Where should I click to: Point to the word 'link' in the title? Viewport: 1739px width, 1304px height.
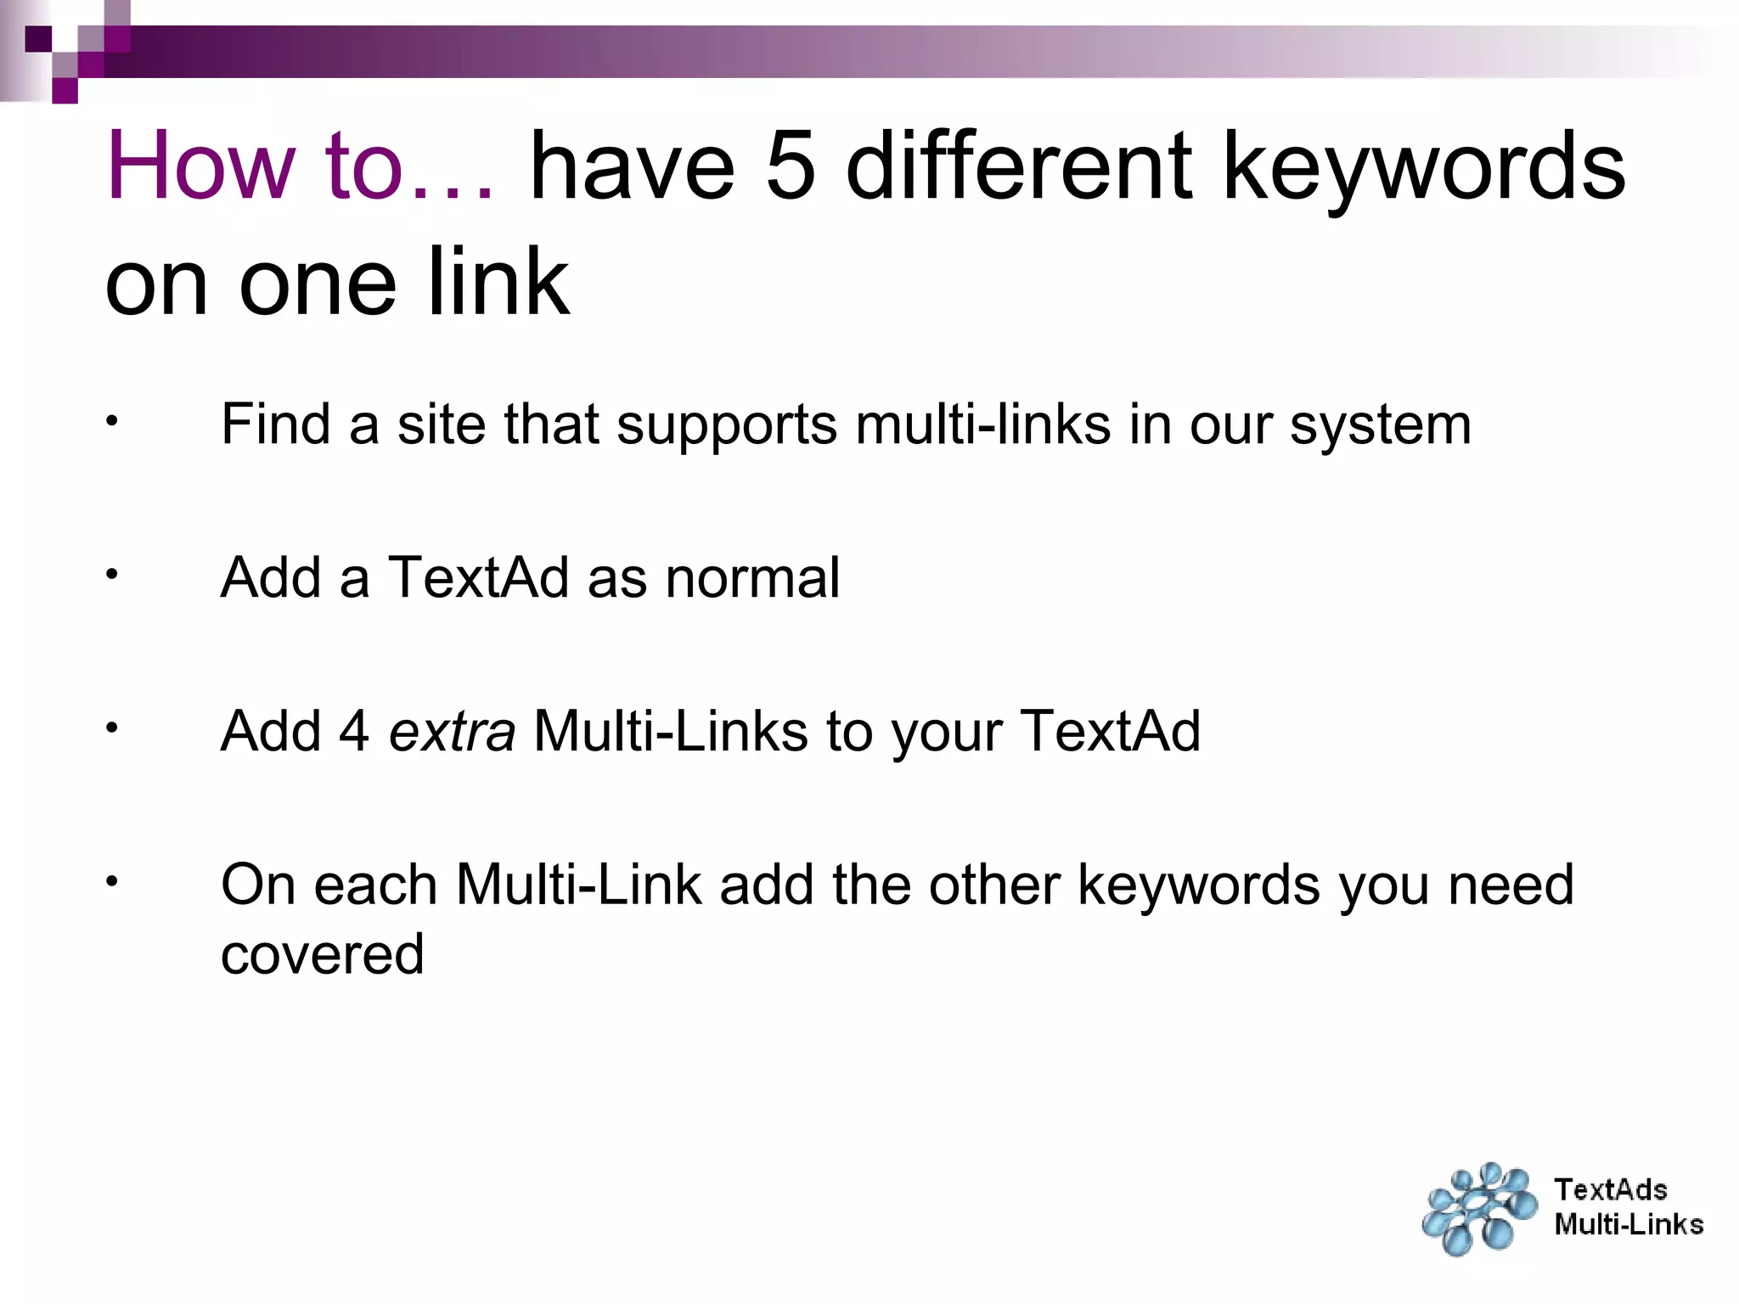pos(498,282)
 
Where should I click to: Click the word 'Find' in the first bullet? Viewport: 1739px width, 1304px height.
pos(275,424)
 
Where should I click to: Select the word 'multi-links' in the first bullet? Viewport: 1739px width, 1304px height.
pos(983,424)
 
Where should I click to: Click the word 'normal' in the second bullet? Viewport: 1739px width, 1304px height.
pos(752,578)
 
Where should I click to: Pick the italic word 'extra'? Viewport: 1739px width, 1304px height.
pos(452,732)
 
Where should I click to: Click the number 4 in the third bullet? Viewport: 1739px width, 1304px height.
pos(354,732)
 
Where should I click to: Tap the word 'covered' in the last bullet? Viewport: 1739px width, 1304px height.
pos(323,954)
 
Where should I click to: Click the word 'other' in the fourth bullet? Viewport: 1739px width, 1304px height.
pos(994,885)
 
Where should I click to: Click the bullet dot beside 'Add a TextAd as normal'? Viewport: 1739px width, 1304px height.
pos(111,574)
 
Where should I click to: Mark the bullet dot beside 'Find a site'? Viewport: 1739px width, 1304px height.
pos(111,420)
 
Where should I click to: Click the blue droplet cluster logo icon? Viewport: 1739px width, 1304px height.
pos(1479,1209)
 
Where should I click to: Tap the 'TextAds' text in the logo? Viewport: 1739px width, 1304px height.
pos(1611,1190)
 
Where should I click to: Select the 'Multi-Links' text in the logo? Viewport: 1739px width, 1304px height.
pos(1629,1224)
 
